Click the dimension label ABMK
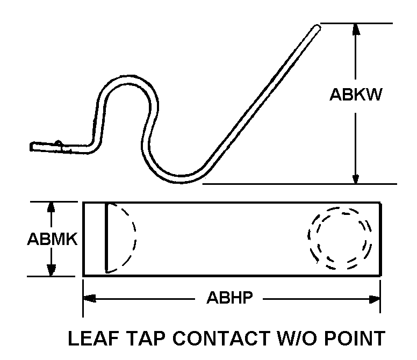click(x=52, y=239)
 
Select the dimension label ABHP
click(x=229, y=298)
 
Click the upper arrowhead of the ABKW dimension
click(x=355, y=28)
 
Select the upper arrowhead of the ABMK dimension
click(x=52, y=207)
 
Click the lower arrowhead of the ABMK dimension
click(x=52, y=271)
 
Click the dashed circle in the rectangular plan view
click(x=340, y=238)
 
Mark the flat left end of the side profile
click(x=34, y=146)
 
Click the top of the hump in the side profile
click(x=127, y=82)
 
